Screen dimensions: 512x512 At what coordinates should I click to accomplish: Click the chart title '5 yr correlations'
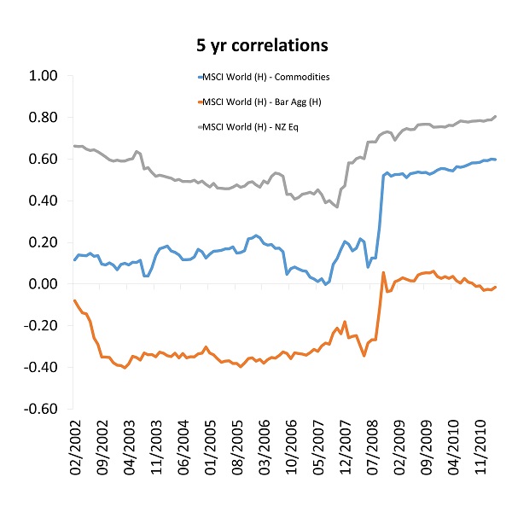click(256, 43)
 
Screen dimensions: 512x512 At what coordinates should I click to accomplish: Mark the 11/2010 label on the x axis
click(483, 448)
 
